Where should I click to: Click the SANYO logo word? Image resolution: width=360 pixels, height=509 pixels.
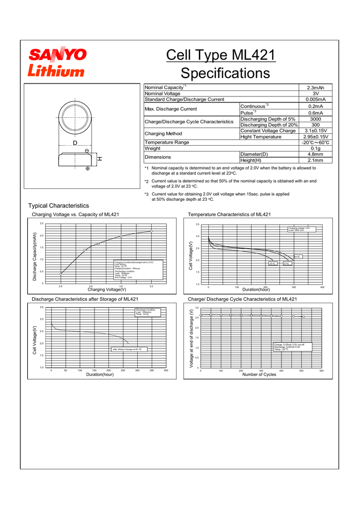(x=57, y=54)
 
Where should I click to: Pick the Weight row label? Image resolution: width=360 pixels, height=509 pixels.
(x=153, y=148)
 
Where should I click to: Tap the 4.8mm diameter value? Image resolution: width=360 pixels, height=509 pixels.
(x=315, y=154)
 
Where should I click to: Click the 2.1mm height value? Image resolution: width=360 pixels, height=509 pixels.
(x=315, y=160)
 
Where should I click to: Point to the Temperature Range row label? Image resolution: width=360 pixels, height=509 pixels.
(x=167, y=142)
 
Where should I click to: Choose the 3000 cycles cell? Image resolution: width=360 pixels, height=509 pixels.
(x=315, y=119)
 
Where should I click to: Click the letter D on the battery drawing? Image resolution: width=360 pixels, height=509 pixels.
(x=75, y=143)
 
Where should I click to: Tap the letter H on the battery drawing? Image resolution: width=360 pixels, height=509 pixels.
(x=99, y=159)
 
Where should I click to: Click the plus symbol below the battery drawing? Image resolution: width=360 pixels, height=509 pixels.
(x=88, y=169)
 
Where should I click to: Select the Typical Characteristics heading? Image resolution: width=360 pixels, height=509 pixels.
(x=59, y=205)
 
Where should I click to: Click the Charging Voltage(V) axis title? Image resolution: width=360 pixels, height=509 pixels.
(x=107, y=289)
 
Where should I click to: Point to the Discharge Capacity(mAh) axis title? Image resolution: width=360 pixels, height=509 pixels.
(x=35, y=256)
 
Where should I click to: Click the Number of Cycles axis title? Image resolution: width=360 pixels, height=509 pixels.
(x=259, y=374)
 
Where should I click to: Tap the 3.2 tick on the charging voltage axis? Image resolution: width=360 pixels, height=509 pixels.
(x=151, y=286)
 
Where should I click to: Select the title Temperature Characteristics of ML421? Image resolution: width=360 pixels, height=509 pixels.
(x=229, y=214)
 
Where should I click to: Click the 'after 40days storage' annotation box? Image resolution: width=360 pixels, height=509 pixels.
(x=127, y=349)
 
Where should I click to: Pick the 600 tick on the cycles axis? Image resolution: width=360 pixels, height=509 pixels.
(x=322, y=371)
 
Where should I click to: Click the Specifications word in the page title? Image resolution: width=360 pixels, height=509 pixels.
(x=225, y=74)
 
